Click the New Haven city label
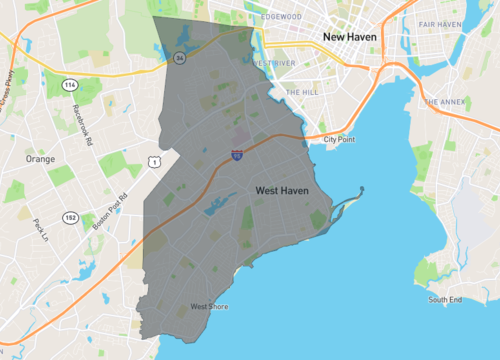(x=347, y=37)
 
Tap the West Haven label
(x=281, y=190)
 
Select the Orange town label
(x=40, y=159)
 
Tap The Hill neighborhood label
(x=300, y=92)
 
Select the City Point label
(x=339, y=139)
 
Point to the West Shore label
(x=210, y=306)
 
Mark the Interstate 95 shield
(x=236, y=156)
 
